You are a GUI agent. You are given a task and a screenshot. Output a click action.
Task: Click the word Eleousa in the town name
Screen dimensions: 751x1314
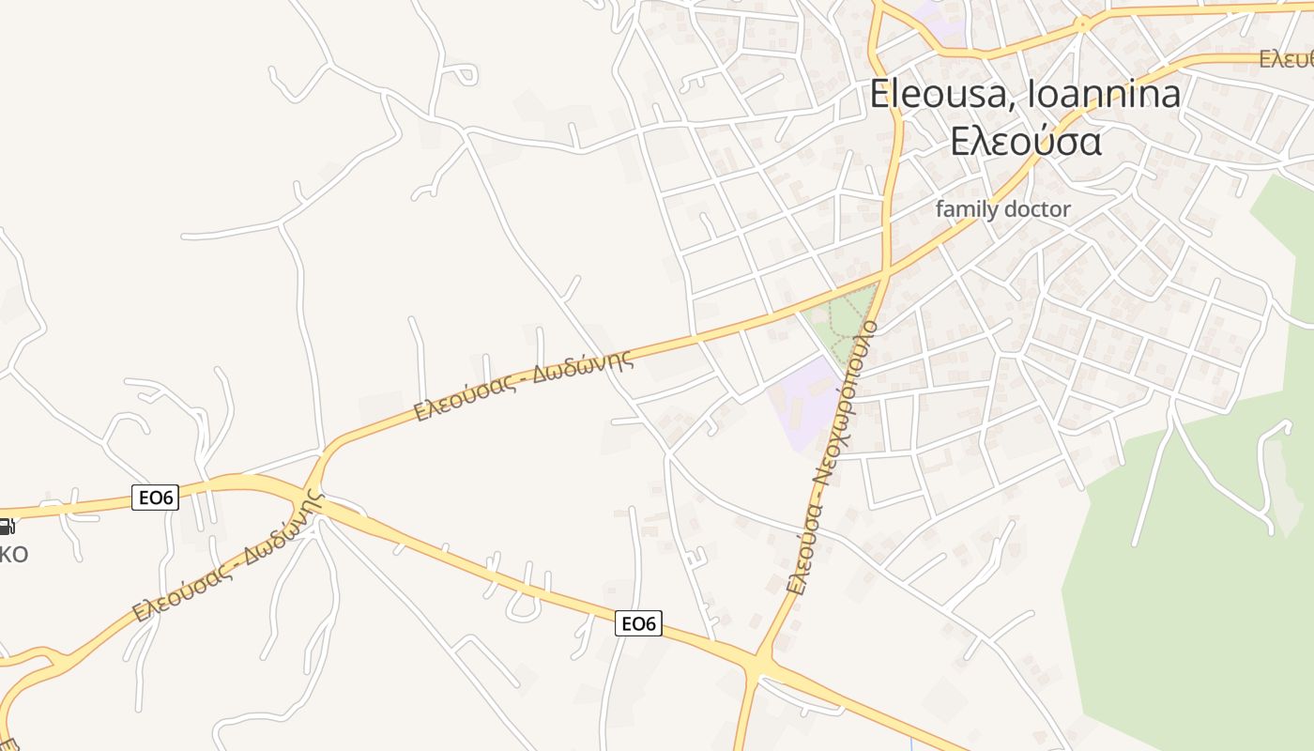(x=942, y=95)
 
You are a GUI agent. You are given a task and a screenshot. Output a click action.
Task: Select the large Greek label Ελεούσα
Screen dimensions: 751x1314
(x=1025, y=141)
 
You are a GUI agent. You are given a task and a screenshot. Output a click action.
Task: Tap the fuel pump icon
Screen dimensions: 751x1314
(x=5, y=527)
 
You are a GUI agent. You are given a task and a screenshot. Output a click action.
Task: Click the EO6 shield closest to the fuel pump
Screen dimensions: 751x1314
(x=155, y=498)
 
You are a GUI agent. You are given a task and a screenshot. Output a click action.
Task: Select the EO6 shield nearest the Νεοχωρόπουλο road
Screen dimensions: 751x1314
(x=638, y=622)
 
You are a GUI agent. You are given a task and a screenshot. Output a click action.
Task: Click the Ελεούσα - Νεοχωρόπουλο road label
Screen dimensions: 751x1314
(x=832, y=458)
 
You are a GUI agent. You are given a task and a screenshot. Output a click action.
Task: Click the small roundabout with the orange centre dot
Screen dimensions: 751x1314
(x=1083, y=24)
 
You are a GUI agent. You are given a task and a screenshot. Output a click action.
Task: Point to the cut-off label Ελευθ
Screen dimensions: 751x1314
(x=1286, y=59)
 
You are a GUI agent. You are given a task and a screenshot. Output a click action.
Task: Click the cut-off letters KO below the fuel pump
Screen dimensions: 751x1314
(x=13, y=554)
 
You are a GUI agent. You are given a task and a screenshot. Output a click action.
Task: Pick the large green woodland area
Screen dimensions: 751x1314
(x=1192, y=582)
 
